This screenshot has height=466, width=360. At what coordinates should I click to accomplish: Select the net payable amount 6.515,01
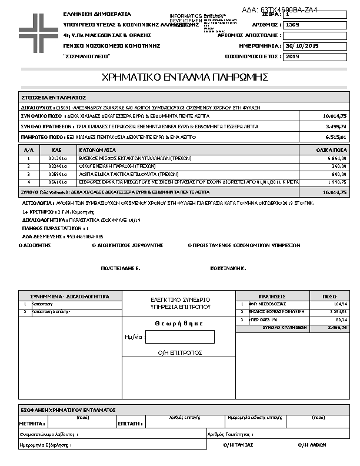336,137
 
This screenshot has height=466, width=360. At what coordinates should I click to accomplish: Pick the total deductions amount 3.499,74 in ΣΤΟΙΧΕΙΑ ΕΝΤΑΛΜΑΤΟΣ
336,127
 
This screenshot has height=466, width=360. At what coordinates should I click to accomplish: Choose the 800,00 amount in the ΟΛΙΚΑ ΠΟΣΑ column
338,175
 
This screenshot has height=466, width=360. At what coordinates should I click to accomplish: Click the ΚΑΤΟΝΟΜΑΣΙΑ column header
98,151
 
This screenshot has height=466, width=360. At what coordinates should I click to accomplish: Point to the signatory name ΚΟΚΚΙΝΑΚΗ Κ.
228,268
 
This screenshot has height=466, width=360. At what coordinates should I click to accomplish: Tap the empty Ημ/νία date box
179,337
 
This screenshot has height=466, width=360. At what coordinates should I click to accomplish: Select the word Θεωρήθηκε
179,323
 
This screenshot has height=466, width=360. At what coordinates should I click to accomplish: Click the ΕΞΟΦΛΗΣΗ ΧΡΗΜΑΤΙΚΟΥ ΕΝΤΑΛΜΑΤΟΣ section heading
68,410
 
